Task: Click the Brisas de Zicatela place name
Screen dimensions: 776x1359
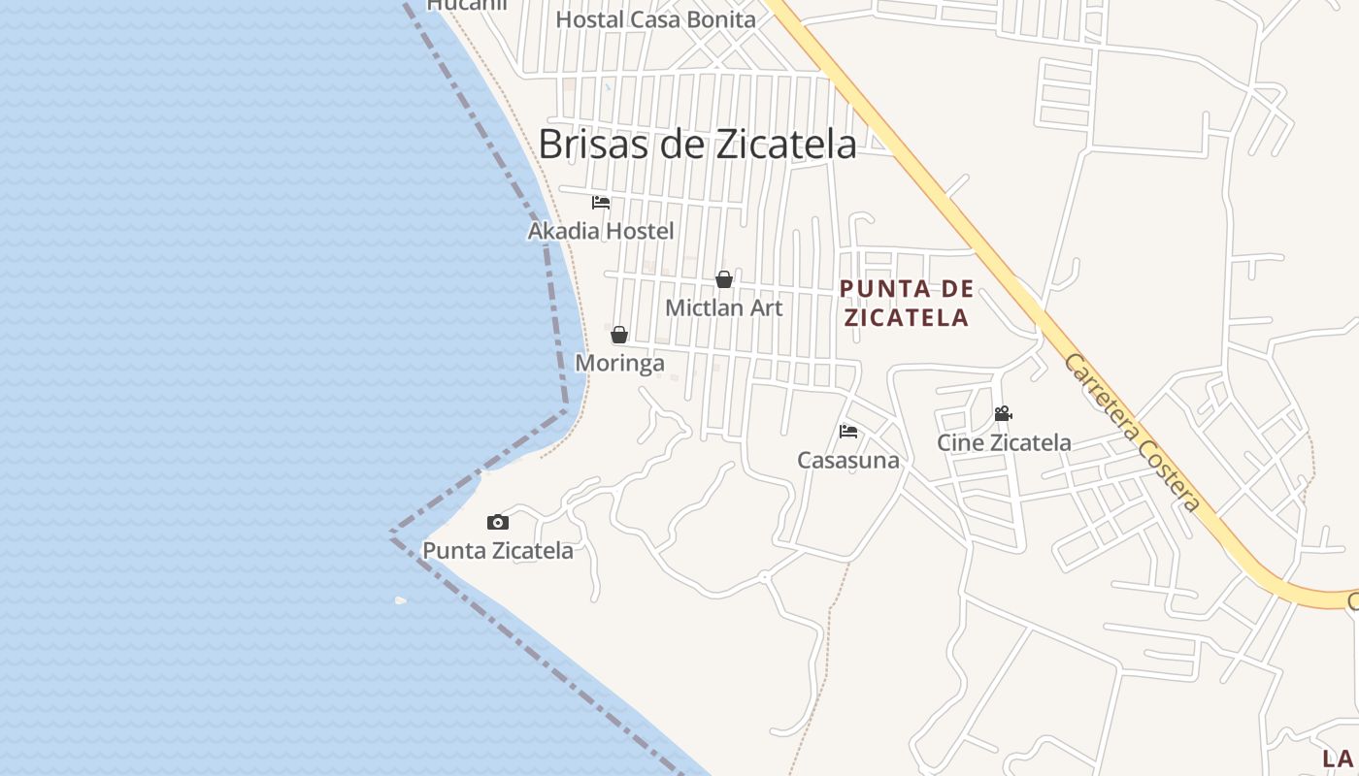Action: pyautogui.click(x=697, y=145)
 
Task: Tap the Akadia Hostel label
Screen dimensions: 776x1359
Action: pyautogui.click(x=600, y=231)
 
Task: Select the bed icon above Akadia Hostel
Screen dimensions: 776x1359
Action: pyautogui.click(x=601, y=203)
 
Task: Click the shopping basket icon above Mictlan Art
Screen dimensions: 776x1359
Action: pyautogui.click(x=724, y=279)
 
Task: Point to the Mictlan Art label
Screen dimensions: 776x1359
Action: pyautogui.click(x=723, y=307)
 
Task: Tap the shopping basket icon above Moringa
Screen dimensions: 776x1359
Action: pyautogui.click(x=619, y=336)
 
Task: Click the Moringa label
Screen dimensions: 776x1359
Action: pyautogui.click(x=619, y=363)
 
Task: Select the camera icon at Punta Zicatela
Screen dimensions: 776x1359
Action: pyautogui.click(x=497, y=522)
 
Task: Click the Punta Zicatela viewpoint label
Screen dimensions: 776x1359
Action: pyautogui.click(x=497, y=551)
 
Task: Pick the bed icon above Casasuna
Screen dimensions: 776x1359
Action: pyautogui.click(x=848, y=432)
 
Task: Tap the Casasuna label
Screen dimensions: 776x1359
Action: pyautogui.click(x=848, y=460)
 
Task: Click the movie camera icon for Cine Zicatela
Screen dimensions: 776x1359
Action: pyautogui.click(x=1003, y=414)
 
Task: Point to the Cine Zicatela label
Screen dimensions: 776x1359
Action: pyautogui.click(x=1004, y=442)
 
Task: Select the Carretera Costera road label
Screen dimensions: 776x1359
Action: pyautogui.click(x=1132, y=433)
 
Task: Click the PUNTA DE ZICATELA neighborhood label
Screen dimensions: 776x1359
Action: pyautogui.click(x=907, y=303)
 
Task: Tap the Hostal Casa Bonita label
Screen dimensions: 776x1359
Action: pyautogui.click(x=655, y=19)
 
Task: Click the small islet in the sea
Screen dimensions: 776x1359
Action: pyautogui.click(x=400, y=600)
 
